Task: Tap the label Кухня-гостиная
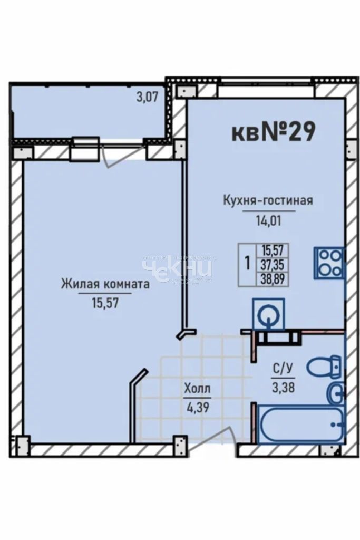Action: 268,201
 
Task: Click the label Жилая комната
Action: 105,284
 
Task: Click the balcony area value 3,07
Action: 148,97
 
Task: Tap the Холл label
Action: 197,389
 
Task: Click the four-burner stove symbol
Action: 329,263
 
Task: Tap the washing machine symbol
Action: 269,315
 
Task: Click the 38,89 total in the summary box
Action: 272,279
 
